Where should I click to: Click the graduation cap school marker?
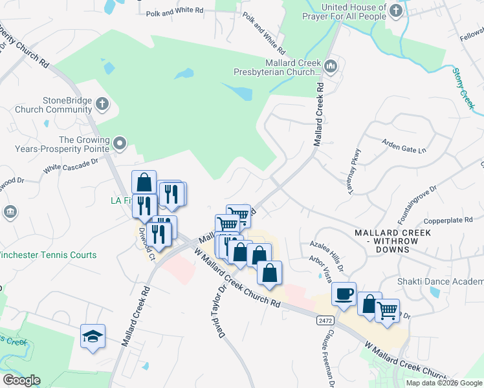(x=93, y=336)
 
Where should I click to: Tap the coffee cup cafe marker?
(x=344, y=294)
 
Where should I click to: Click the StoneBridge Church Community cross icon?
(x=102, y=104)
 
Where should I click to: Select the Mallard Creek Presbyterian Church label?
(x=279, y=69)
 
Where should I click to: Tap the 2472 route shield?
(x=325, y=320)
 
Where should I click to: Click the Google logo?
(x=21, y=380)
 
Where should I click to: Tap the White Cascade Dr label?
(x=71, y=167)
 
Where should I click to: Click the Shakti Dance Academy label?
(x=441, y=281)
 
